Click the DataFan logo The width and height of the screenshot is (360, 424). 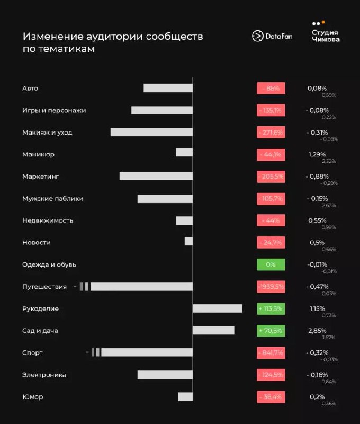tap(272, 36)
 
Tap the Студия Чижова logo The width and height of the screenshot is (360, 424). tap(326, 33)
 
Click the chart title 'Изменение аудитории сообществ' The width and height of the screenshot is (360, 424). tap(112, 37)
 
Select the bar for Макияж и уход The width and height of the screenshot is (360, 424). tap(151, 132)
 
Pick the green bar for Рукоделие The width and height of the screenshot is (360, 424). tap(217, 308)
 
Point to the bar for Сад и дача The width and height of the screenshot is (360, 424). tap(213, 330)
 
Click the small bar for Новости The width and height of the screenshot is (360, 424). tap(188, 242)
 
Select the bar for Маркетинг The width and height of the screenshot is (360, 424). tap(156, 176)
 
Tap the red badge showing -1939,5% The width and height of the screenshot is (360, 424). tap(271, 286)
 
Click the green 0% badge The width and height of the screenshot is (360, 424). tap(271, 264)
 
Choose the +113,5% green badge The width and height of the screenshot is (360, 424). tap(271, 308)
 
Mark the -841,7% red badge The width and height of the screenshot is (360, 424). tap(271, 352)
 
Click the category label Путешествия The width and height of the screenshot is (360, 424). tap(44, 287)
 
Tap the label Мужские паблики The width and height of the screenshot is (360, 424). tap(52, 198)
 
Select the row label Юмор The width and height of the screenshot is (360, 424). tap(33, 396)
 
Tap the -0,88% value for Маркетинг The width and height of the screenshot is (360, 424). tap(317, 176)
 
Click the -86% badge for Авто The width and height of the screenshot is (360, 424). tap(271, 88)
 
